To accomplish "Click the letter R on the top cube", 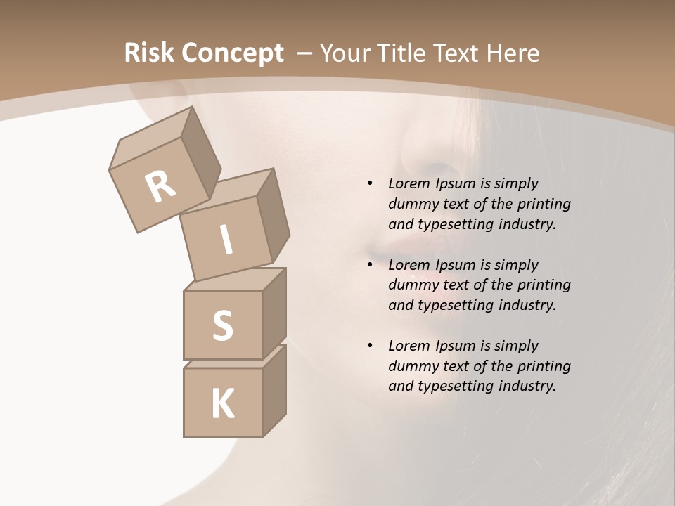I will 161,186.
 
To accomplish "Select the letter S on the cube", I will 222,325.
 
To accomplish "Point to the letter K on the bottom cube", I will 222,404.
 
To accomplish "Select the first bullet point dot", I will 370,183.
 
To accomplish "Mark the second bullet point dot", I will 370,265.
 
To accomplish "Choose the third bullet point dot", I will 370,346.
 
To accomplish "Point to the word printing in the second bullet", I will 544,285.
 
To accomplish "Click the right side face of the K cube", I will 274,394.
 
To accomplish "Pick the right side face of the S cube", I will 274,315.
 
